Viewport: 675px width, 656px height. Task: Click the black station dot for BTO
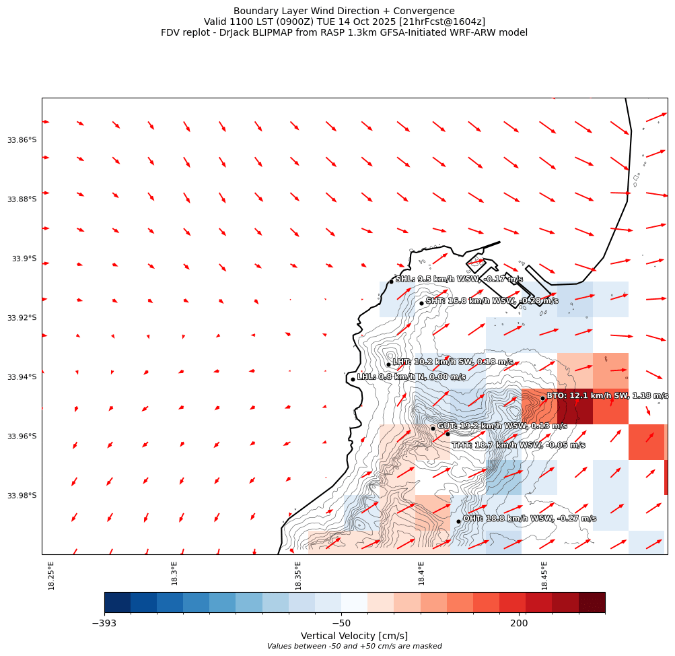point(542,398)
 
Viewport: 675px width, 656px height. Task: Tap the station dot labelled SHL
point(391,282)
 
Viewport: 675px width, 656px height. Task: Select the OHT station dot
point(458,521)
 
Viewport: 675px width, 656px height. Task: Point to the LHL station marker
point(353,379)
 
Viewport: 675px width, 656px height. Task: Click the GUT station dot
point(433,428)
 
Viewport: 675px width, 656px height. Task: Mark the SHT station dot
point(421,303)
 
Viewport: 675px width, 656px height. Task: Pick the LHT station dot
point(388,364)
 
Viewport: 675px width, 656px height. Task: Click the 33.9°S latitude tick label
point(24,259)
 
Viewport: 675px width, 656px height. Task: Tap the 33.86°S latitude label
point(22,140)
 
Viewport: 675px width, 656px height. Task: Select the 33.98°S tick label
point(22,496)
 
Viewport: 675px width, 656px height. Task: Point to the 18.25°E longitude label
point(52,575)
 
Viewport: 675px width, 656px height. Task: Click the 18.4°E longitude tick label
point(421,573)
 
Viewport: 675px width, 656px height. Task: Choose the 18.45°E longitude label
point(544,575)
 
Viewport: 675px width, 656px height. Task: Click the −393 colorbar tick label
point(104,624)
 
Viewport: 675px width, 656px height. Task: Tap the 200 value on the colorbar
point(519,624)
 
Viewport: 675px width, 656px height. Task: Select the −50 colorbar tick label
point(341,624)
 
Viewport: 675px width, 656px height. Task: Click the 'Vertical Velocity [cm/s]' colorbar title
point(354,636)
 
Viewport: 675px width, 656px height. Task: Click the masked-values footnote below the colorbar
point(354,647)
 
